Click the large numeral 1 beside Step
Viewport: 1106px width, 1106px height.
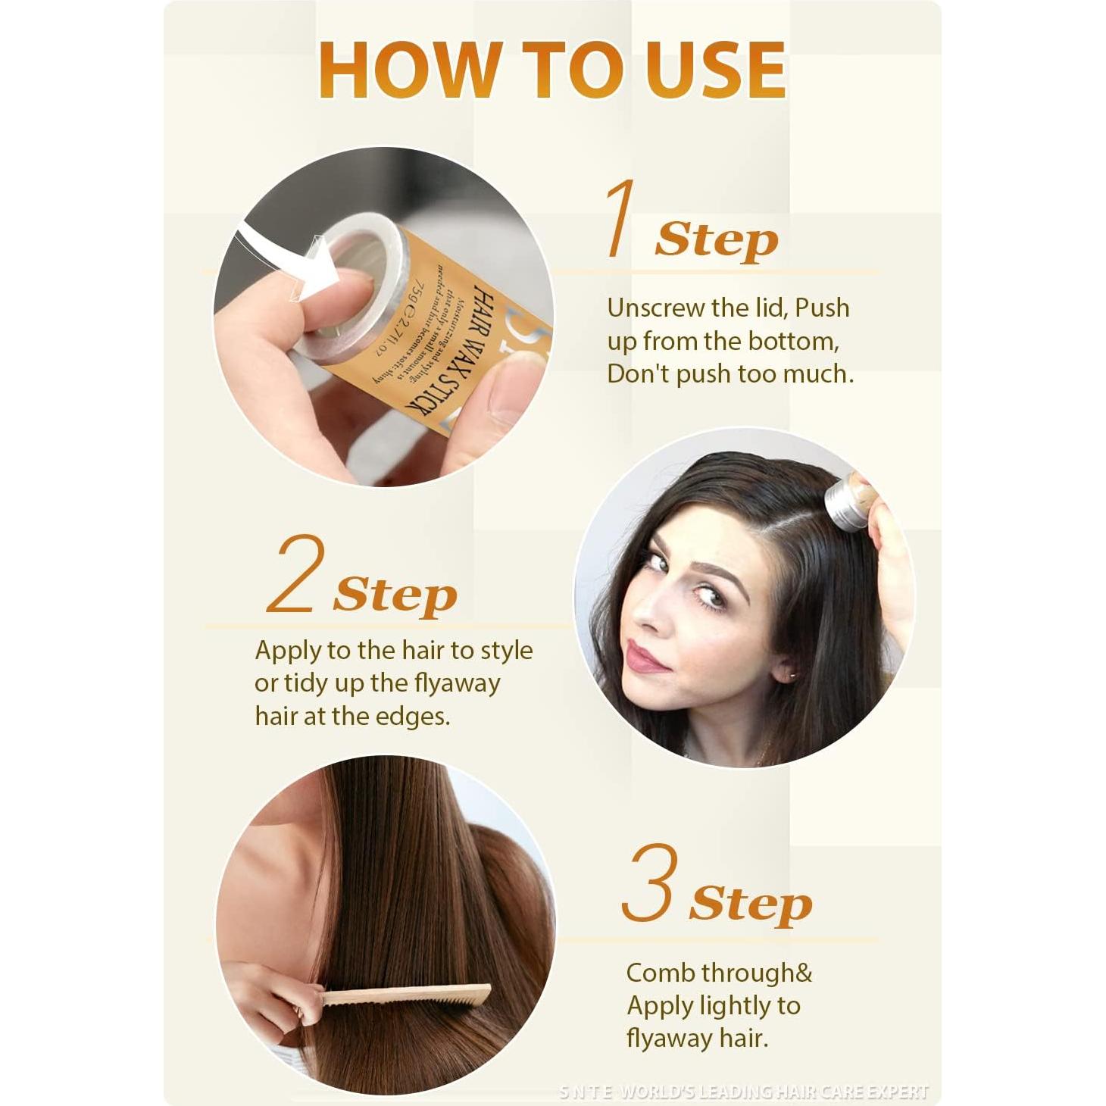[620, 219]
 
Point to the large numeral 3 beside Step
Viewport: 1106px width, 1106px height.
[648, 883]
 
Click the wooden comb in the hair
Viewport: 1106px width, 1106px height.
[405, 995]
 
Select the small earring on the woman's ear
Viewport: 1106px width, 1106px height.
[792, 673]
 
